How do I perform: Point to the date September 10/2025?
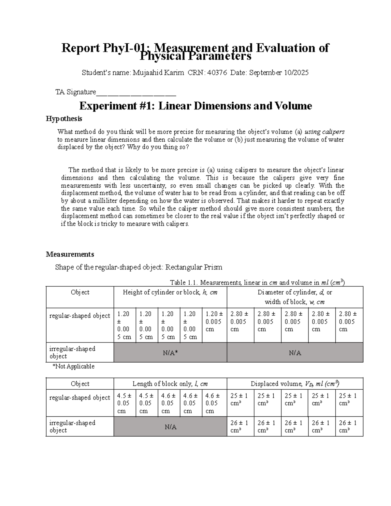(x=279, y=73)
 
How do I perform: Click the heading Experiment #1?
(x=115, y=106)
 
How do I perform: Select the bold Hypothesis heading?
(x=64, y=119)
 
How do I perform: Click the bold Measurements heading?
(x=70, y=254)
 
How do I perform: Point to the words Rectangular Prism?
(x=194, y=267)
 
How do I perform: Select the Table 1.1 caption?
(x=257, y=282)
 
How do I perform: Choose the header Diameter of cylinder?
(x=295, y=292)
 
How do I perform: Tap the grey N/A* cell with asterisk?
(x=170, y=353)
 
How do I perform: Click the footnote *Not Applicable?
(x=73, y=367)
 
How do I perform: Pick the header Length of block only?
(x=170, y=384)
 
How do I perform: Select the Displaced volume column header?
(x=295, y=384)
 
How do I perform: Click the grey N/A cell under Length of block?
(x=170, y=427)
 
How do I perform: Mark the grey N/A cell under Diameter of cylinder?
(x=295, y=353)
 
